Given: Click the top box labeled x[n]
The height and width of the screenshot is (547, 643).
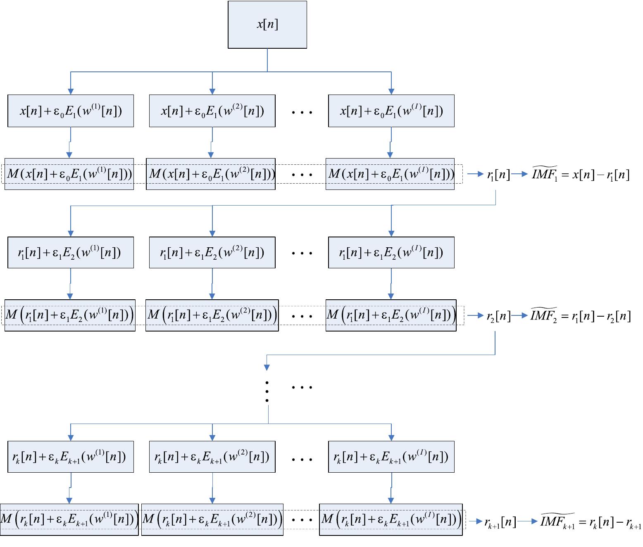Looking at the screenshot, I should click(267, 25).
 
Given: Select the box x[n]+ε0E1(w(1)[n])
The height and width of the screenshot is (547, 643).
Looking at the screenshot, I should click(71, 111).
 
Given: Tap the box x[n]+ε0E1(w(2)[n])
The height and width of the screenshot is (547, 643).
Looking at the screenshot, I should click(212, 111).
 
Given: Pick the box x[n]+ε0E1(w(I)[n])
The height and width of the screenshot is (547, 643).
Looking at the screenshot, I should click(391, 111).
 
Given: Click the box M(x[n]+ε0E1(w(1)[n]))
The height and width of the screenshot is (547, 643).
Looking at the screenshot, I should click(69, 174).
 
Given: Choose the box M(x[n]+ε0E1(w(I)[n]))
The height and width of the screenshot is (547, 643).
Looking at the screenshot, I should click(390, 174).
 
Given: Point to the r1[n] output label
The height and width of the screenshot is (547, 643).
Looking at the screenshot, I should click(498, 175).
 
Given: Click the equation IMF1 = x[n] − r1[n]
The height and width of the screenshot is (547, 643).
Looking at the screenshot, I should click(581, 175).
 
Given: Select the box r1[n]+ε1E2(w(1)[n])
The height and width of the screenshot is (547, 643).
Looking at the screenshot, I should click(71, 253).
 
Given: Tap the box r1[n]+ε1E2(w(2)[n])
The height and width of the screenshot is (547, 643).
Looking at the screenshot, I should click(212, 253).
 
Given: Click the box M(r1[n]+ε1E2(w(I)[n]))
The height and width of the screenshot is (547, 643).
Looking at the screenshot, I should click(391, 315).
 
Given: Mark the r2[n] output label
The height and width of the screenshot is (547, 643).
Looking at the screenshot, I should click(498, 317).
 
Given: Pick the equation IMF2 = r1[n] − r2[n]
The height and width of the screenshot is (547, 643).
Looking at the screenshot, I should click(581, 316).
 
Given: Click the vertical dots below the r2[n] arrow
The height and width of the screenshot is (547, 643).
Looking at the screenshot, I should click(267, 392).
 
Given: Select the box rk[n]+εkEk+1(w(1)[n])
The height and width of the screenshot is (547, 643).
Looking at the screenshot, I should click(71, 457).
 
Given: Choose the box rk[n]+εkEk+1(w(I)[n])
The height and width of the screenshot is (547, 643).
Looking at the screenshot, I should click(391, 457).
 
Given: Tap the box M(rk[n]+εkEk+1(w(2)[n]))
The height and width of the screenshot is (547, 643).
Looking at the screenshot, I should click(212, 520).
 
